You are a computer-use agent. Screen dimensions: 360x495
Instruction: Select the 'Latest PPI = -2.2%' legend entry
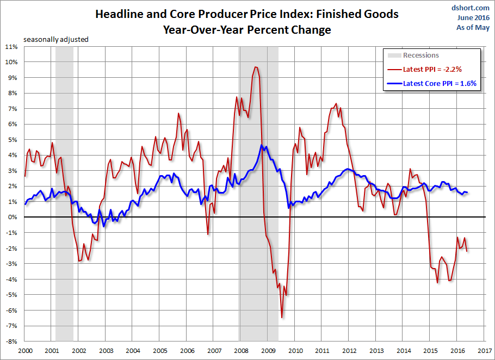coord(432,70)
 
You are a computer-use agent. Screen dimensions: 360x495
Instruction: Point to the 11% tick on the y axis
coord(12,47)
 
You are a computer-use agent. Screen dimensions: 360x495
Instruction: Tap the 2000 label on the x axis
coord(24,351)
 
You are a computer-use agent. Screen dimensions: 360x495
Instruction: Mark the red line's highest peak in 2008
coord(255,67)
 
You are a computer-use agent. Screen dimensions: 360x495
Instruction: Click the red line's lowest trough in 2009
coord(282,317)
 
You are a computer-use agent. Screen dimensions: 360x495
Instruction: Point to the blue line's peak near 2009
coord(262,145)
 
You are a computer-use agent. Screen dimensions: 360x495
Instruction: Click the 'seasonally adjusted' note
coord(55,39)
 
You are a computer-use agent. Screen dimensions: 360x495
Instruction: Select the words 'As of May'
coord(474,27)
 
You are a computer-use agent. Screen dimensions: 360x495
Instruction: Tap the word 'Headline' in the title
coord(119,14)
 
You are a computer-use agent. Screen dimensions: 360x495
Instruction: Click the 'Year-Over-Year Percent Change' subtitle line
coord(246,30)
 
